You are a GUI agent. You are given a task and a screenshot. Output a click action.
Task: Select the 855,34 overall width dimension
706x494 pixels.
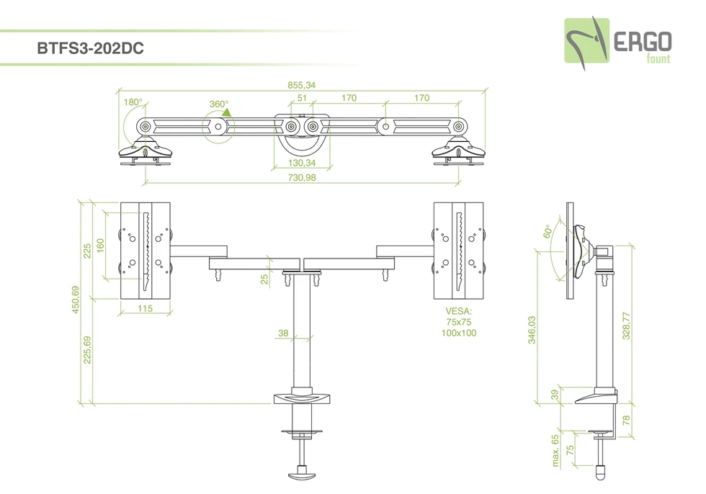[x=301, y=84]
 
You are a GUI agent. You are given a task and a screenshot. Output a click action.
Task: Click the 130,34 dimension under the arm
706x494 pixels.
[x=301, y=163]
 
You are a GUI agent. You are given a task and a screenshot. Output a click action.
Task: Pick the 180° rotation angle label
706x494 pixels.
[x=133, y=102]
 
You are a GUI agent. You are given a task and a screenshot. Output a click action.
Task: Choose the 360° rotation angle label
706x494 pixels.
[x=218, y=104]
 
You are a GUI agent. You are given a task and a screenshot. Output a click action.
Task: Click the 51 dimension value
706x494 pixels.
[x=303, y=98]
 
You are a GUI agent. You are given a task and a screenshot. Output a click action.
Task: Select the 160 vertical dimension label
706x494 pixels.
[x=101, y=246]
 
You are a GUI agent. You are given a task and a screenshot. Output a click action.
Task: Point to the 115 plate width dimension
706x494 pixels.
[x=146, y=308]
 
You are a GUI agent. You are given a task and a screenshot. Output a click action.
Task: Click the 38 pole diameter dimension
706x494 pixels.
[x=283, y=333]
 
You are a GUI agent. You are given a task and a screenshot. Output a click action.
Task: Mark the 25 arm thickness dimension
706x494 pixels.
[x=264, y=278]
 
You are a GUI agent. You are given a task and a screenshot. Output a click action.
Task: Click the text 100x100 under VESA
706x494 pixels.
[x=459, y=333]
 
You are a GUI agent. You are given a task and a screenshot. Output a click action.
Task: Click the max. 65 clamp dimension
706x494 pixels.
[x=555, y=450]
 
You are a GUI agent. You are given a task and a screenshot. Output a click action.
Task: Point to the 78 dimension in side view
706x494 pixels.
[x=627, y=419]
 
